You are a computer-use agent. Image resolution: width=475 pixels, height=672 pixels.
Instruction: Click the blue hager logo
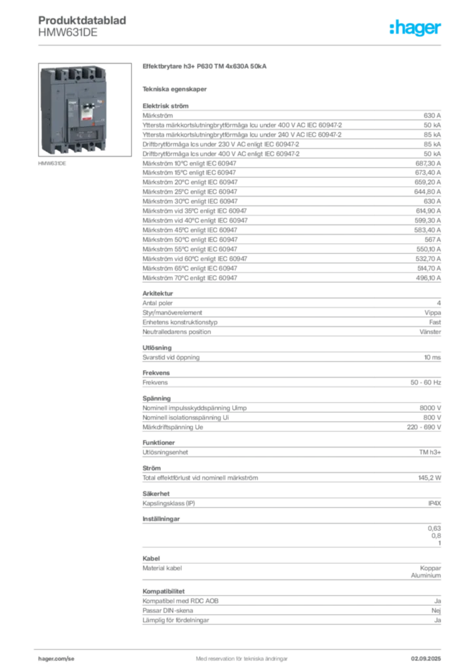point(416,28)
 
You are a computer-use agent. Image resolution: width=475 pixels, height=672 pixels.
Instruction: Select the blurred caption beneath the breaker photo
point(52,165)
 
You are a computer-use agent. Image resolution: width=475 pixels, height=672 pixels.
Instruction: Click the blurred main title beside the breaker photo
point(204,68)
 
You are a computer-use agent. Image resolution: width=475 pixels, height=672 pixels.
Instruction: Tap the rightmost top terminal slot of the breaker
point(88,70)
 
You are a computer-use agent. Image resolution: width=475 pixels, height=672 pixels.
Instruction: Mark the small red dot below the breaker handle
point(84,129)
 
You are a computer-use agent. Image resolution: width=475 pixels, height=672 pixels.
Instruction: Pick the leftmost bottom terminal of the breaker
point(57,150)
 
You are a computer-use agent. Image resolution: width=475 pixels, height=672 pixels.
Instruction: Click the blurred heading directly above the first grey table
point(168,102)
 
